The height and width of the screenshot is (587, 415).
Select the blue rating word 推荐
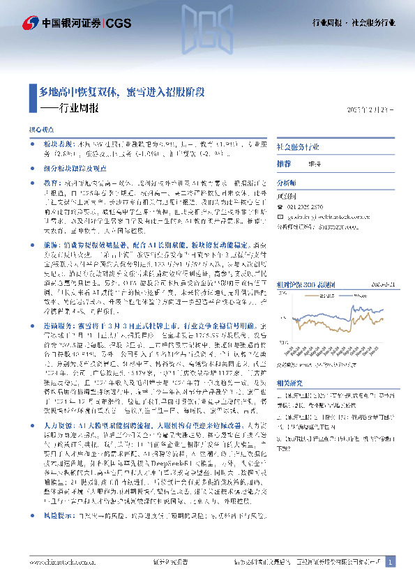[284, 163]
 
